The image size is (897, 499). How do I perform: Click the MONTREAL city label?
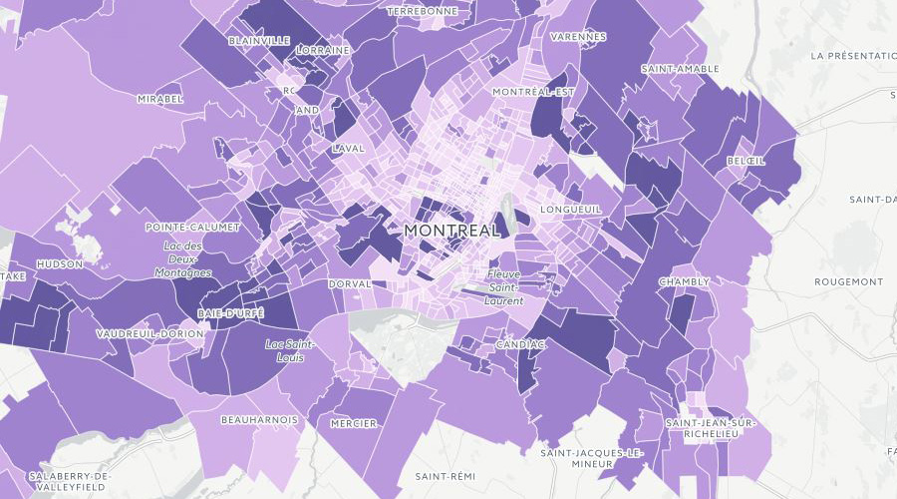click(x=451, y=231)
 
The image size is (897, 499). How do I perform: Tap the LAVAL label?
click(x=349, y=149)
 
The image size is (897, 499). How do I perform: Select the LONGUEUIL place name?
click(x=570, y=211)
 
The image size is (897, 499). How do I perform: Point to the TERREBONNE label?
click(x=423, y=11)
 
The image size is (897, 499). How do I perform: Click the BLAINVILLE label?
click(x=259, y=41)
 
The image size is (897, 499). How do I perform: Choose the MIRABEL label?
click(x=160, y=100)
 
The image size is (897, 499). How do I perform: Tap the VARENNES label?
click(x=577, y=37)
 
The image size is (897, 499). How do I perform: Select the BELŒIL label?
click(x=746, y=161)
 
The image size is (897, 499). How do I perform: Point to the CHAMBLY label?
click(x=684, y=282)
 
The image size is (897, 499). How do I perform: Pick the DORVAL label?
click(x=350, y=283)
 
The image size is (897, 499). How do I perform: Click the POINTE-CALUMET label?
click(x=192, y=228)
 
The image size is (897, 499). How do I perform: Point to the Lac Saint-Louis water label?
click(x=291, y=350)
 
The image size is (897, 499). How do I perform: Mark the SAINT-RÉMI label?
click(x=445, y=475)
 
